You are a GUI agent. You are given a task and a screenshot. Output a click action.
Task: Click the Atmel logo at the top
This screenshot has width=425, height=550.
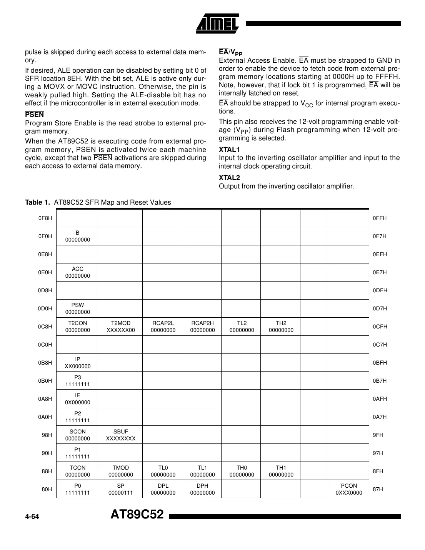coord(218,24)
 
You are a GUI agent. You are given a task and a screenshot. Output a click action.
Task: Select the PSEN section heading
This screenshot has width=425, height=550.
coord(34,115)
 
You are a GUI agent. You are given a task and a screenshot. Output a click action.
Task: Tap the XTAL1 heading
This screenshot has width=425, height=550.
coord(229,150)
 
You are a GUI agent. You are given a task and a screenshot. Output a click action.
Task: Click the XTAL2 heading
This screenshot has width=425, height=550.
coord(229,178)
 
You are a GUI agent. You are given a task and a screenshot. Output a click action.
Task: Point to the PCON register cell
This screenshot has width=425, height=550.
coord(348,489)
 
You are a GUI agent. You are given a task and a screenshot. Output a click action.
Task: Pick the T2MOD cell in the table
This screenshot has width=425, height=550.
coord(120,327)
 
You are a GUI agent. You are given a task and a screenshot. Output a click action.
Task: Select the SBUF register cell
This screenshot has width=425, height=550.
coord(120,435)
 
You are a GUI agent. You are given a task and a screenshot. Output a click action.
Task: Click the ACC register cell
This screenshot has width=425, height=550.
coord(77,272)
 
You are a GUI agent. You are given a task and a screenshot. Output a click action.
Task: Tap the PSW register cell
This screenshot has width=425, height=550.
coord(77,308)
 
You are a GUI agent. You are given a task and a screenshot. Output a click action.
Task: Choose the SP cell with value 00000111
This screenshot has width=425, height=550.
coord(120,489)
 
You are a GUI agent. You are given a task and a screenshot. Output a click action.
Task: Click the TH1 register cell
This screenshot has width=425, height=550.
coord(281,471)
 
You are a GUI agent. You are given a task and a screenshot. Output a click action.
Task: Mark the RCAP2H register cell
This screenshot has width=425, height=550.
coord(202,327)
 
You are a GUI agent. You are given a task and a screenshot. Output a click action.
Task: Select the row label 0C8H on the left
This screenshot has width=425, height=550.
coord(45,327)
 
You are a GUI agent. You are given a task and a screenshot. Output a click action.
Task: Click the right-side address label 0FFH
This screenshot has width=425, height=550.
coord(380,218)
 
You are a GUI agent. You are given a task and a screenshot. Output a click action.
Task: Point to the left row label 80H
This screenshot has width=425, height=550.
coord(47,489)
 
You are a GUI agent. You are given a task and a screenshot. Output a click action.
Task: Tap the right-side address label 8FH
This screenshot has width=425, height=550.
coord(378,471)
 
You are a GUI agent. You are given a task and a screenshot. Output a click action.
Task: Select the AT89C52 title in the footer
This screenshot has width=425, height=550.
coord(137,515)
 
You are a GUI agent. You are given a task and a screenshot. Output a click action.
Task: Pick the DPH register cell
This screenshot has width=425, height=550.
coord(202,489)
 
